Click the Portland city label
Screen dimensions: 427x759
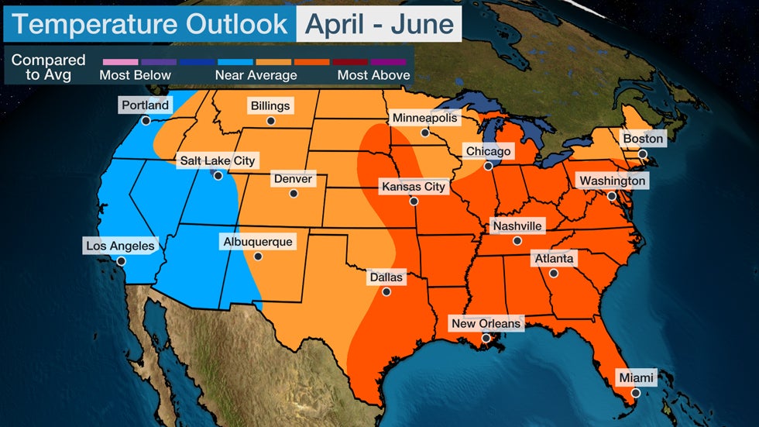pyautogui.click(x=145, y=105)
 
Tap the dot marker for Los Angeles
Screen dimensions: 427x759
pyautogui.click(x=121, y=261)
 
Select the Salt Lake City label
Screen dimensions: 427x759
pyautogui.click(x=217, y=160)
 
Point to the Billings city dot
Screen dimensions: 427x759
pyautogui.click(x=270, y=121)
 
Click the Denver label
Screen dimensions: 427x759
pyautogui.click(x=293, y=179)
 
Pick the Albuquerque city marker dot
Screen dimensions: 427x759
pyautogui.click(x=258, y=257)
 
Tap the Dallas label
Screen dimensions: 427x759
pyautogui.click(x=386, y=277)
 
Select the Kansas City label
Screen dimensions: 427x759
pyautogui.click(x=414, y=186)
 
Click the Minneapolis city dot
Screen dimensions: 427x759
pyautogui.click(x=424, y=133)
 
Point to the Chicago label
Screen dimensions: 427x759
pyautogui.click(x=487, y=150)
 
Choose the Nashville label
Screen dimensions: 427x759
pyautogui.click(x=517, y=226)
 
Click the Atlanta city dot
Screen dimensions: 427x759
pyautogui.click(x=554, y=273)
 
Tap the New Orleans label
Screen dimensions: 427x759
pyautogui.click(x=486, y=323)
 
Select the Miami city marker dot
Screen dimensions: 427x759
pyautogui.click(x=635, y=393)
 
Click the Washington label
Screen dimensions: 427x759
pyautogui.click(x=612, y=181)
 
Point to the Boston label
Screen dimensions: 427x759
pyautogui.click(x=643, y=139)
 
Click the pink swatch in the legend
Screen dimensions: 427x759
pyautogui.click(x=119, y=61)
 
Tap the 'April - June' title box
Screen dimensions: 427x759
pyautogui.click(x=379, y=24)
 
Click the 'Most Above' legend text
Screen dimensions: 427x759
pyautogui.click(x=373, y=75)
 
